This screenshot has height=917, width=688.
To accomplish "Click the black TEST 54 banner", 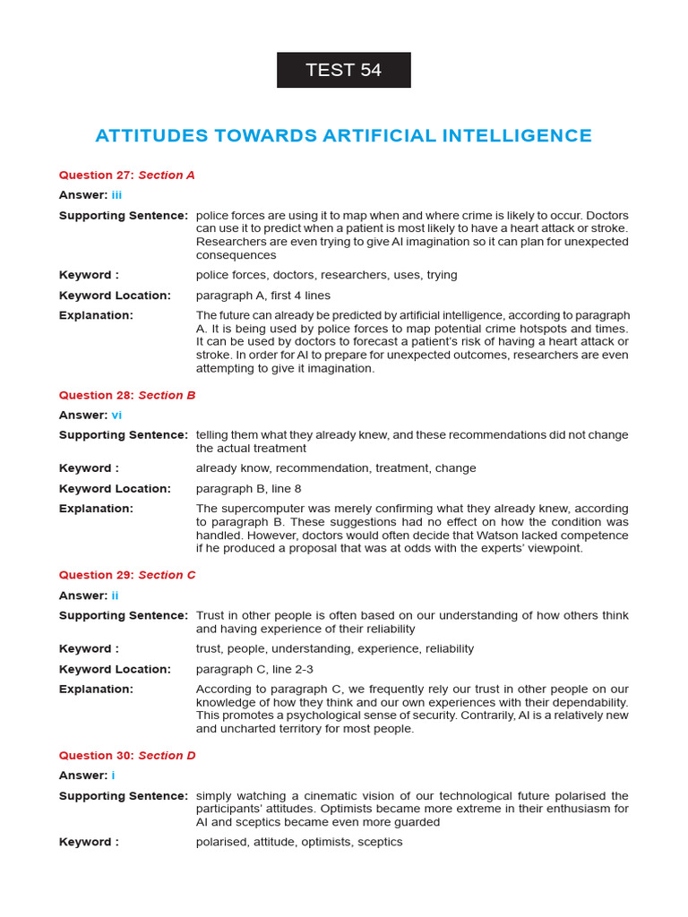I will (x=343, y=70).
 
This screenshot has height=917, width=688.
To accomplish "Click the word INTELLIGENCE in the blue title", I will (x=515, y=136).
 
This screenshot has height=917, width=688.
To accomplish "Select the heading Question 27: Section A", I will (x=126, y=176).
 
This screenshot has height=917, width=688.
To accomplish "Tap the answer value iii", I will (x=116, y=195).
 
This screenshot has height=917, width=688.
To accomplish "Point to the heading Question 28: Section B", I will (x=126, y=395).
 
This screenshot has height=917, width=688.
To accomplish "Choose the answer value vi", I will (x=116, y=415).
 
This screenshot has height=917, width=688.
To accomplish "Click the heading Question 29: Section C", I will (x=126, y=575).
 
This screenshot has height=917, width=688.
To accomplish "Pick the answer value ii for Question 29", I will (x=115, y=596).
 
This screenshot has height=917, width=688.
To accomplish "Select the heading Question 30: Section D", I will (x=126, y=756).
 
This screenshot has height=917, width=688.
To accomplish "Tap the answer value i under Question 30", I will (x=113, y=776).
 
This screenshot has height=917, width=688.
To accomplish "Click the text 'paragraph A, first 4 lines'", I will (x=262, y=296).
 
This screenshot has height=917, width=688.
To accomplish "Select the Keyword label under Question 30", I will (x=88, y=842).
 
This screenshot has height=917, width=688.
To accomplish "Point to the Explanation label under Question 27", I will (x=95, y=315).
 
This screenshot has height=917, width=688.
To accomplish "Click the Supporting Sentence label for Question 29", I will (x=123, y=615).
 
